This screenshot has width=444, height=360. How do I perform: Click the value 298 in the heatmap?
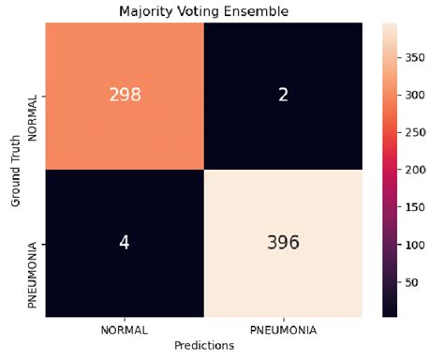tap(124, 94)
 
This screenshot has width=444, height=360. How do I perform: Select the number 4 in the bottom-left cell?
tap(124, 242)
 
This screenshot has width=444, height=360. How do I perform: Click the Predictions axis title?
tap(203, 345)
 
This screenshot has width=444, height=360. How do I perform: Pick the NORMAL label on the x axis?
tap(124, 329)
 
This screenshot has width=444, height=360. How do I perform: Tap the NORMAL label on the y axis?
tap(35, 94)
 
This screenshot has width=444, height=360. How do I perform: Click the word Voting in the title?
tap(193, 11)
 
